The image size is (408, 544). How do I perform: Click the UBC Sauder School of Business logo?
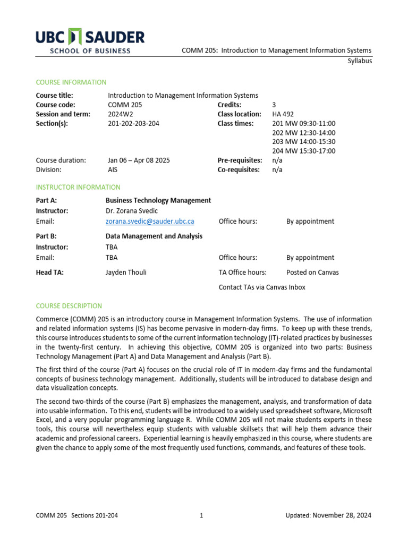90,42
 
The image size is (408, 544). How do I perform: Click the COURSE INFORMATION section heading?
71,82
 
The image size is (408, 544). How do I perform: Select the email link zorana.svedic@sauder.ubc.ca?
150,222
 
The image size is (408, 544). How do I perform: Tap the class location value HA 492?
283,114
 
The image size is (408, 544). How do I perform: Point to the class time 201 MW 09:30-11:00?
303,124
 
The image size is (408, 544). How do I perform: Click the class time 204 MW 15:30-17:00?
303,151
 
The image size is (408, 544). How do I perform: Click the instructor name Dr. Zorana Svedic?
132,211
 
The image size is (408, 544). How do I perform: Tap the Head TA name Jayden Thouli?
126,273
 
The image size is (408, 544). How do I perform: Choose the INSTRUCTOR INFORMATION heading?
78,188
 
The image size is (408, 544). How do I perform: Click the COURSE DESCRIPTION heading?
69,306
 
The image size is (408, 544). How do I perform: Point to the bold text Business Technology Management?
158,200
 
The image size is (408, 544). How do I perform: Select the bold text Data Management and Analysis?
154,236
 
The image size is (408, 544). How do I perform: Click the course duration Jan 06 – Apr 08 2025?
139,160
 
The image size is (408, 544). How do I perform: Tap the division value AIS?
113,169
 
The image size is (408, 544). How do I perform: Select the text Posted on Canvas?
312,273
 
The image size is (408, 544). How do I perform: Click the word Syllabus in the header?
359,61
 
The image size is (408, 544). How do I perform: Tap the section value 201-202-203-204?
133,124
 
